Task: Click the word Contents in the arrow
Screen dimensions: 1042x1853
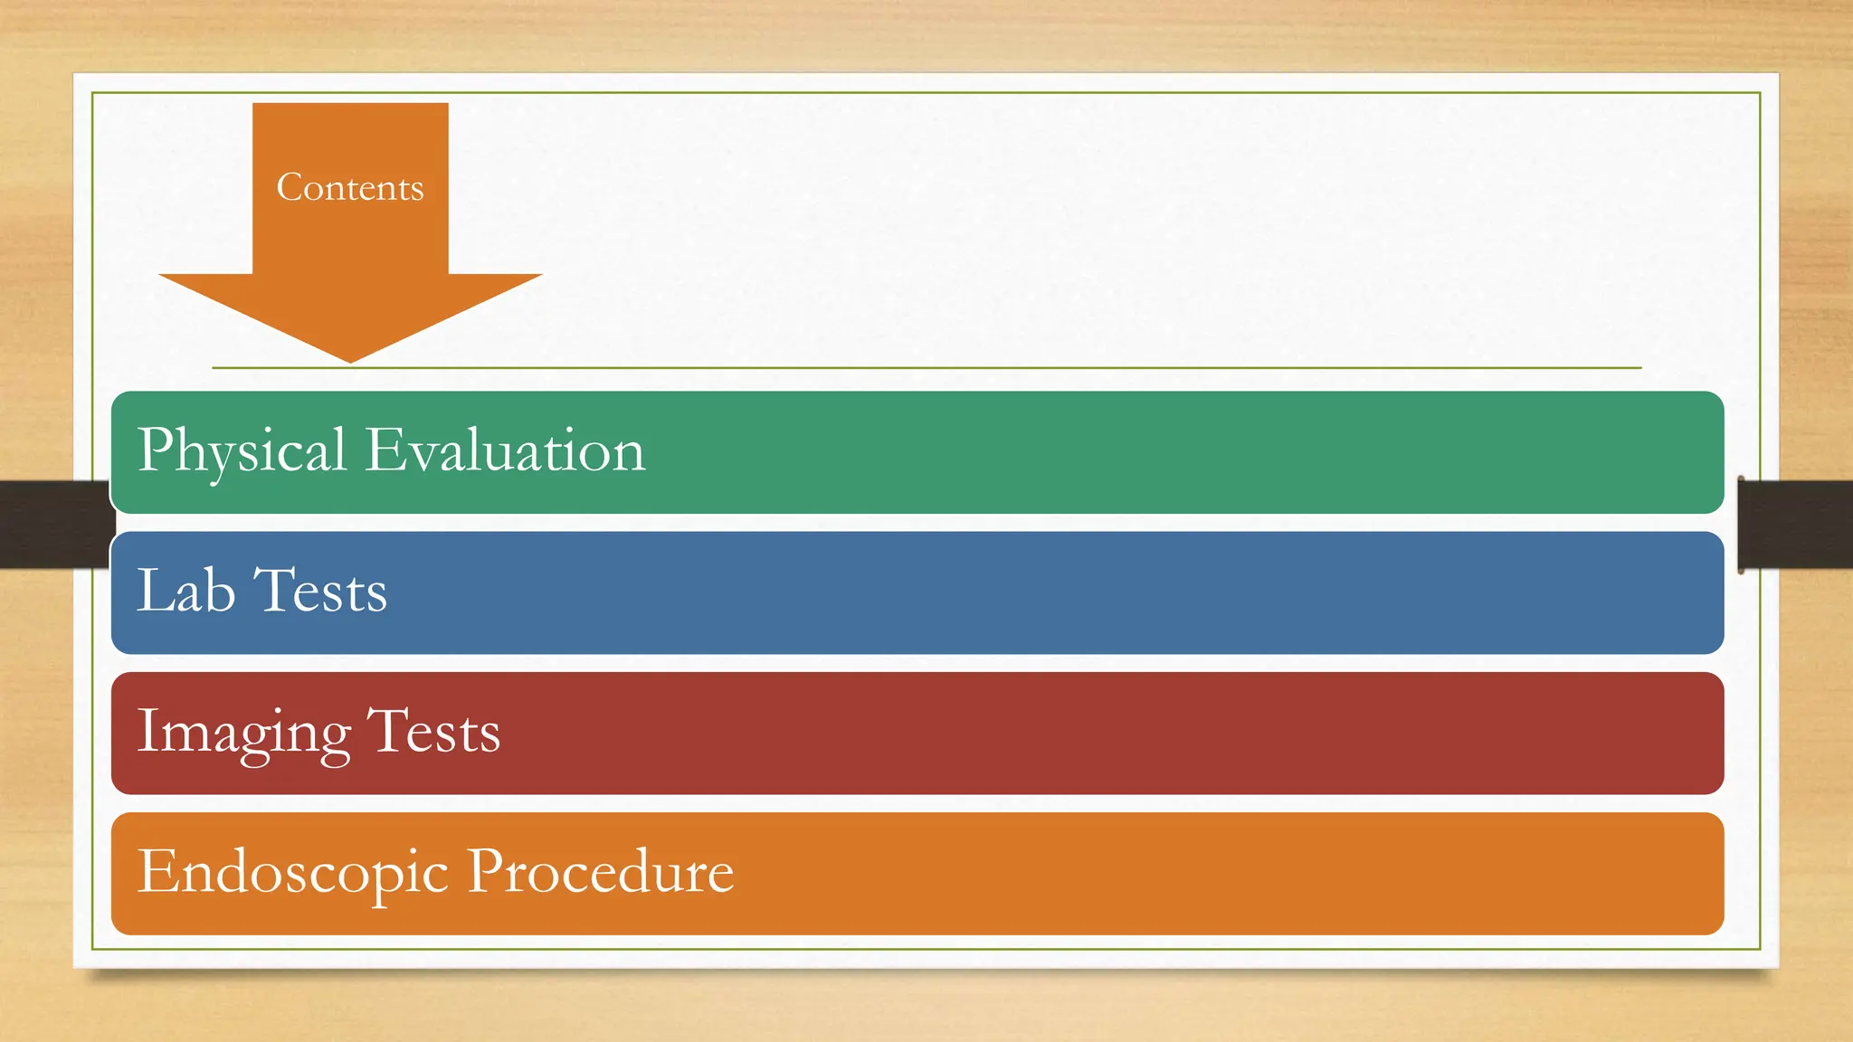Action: pos(350,187)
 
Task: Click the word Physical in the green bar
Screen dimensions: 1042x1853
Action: pos(242,450)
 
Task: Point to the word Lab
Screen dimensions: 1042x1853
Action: pos(185,591)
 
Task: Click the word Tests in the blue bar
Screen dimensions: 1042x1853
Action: pos(320,591)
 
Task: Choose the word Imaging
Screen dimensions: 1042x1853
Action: pos(243,732)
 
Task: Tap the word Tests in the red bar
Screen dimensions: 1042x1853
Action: pos(433,732)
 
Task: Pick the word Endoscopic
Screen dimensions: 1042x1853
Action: pos(292,872)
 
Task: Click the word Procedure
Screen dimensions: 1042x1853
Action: pos(600,872)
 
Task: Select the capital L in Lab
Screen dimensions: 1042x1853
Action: pos(155,590)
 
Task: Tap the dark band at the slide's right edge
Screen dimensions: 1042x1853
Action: pos(1797,524)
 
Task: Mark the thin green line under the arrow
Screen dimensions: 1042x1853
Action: pos(995,368)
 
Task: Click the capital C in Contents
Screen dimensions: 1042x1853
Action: pos(290,187)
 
